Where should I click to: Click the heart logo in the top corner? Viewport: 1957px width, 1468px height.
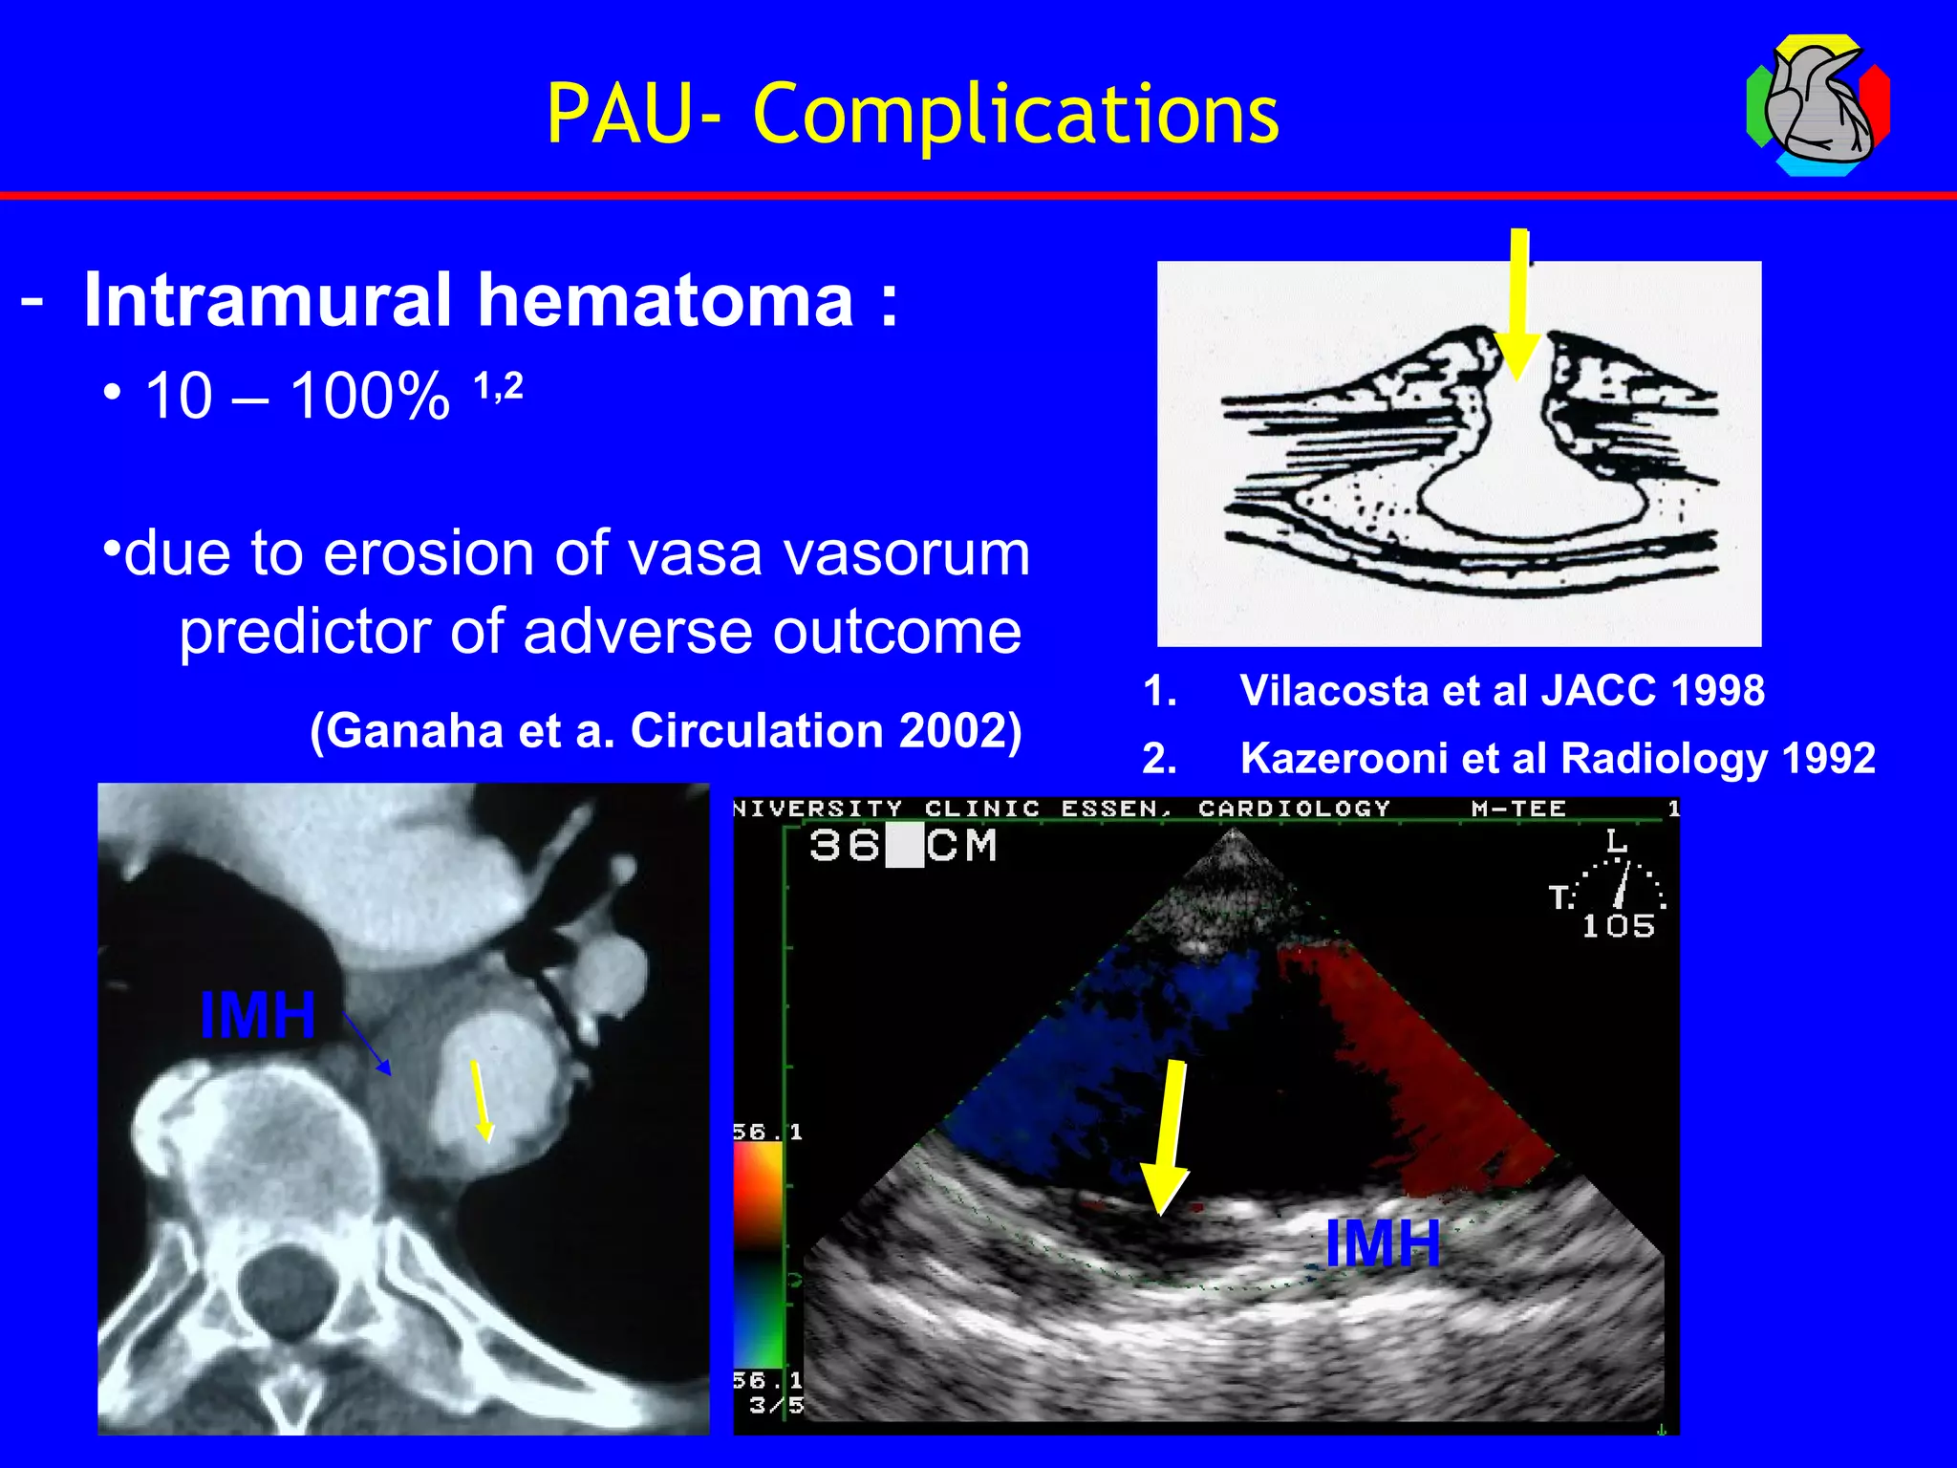pos(1817,106)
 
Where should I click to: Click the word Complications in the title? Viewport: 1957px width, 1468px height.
pos(1016,115)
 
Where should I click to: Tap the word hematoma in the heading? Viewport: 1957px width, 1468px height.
pos(665,300)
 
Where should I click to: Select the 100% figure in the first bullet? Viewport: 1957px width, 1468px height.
pos(371,396)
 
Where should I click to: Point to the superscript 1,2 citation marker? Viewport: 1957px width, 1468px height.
pos(498,386)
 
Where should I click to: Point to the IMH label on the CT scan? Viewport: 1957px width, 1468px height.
pos(258,1015)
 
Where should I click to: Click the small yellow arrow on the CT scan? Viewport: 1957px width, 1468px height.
pos(481,1100)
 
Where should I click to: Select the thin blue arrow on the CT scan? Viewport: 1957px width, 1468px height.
pos(367,1045)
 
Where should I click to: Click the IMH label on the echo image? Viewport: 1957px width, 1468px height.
pos(1383,1243)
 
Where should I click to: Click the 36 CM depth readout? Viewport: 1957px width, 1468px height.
pos(902,847)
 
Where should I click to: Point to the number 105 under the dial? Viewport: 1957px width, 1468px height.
pos(1618,926)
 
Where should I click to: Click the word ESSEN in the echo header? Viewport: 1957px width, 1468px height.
pos(1115,809)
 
